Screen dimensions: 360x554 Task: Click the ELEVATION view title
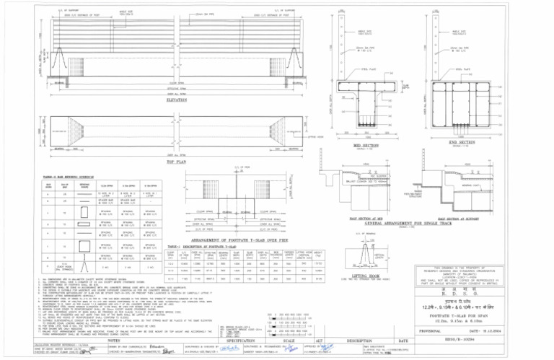(167, 101)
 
